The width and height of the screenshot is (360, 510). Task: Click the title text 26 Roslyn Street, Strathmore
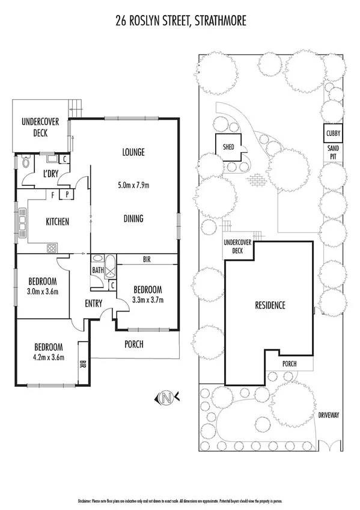point(180,22)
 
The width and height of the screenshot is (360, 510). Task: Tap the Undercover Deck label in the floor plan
point(40,127)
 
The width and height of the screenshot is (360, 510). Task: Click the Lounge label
point(133,152)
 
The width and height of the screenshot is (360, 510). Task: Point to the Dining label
point(133,218)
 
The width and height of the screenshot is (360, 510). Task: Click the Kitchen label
point(58,222)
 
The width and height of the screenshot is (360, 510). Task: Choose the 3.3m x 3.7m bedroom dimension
point(147,300)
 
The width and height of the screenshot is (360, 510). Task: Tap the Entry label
point(93,303)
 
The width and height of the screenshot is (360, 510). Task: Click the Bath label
point(98,270)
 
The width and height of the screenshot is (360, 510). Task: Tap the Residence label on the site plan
point(268,305)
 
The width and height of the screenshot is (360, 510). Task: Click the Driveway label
point(329,415)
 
